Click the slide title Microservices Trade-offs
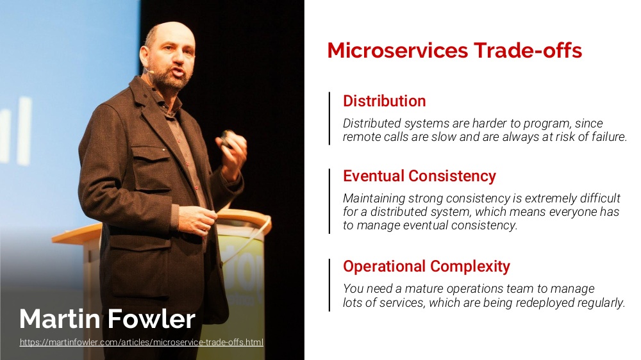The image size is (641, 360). coord(454,50)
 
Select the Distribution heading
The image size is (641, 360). coord(384,101)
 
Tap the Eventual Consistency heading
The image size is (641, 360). coord(419,176)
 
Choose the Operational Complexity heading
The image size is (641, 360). coord(426,266)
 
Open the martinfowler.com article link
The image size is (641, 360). coord(142,342)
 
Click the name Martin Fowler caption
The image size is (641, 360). coord(107,319)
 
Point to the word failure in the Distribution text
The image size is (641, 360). coord(609,137)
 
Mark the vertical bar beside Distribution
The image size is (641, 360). coord(329,119)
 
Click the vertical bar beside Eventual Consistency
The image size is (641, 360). coord(329,201)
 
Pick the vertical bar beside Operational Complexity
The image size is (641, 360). coord(329,285)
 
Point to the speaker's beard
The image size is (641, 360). coord(171,76)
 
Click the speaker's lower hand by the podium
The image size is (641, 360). coord(197,220)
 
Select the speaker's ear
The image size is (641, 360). coord(144,56)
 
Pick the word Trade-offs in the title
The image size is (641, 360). coord(528,50)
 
